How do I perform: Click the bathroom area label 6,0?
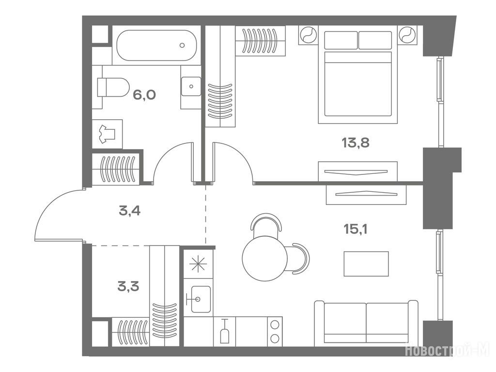tap(144, 94)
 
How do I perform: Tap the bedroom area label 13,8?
tap(356, 143)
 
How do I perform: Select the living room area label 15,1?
tap(356, 229)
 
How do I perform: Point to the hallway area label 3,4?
tap(130, 211)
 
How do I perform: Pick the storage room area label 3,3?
tap(128, 287)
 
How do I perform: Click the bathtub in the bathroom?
tap(156, 45)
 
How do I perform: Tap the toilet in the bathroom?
tap(113, 87)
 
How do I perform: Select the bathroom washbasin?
tap(191, 86)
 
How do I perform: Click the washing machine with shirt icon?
tap(107, 134)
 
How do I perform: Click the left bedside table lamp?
tap(308, 34)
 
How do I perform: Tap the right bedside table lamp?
tap(408, 34)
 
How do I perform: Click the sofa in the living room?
tap(366, 323)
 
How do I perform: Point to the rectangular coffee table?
tap(366, 264)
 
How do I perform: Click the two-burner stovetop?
tap(275, 331)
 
